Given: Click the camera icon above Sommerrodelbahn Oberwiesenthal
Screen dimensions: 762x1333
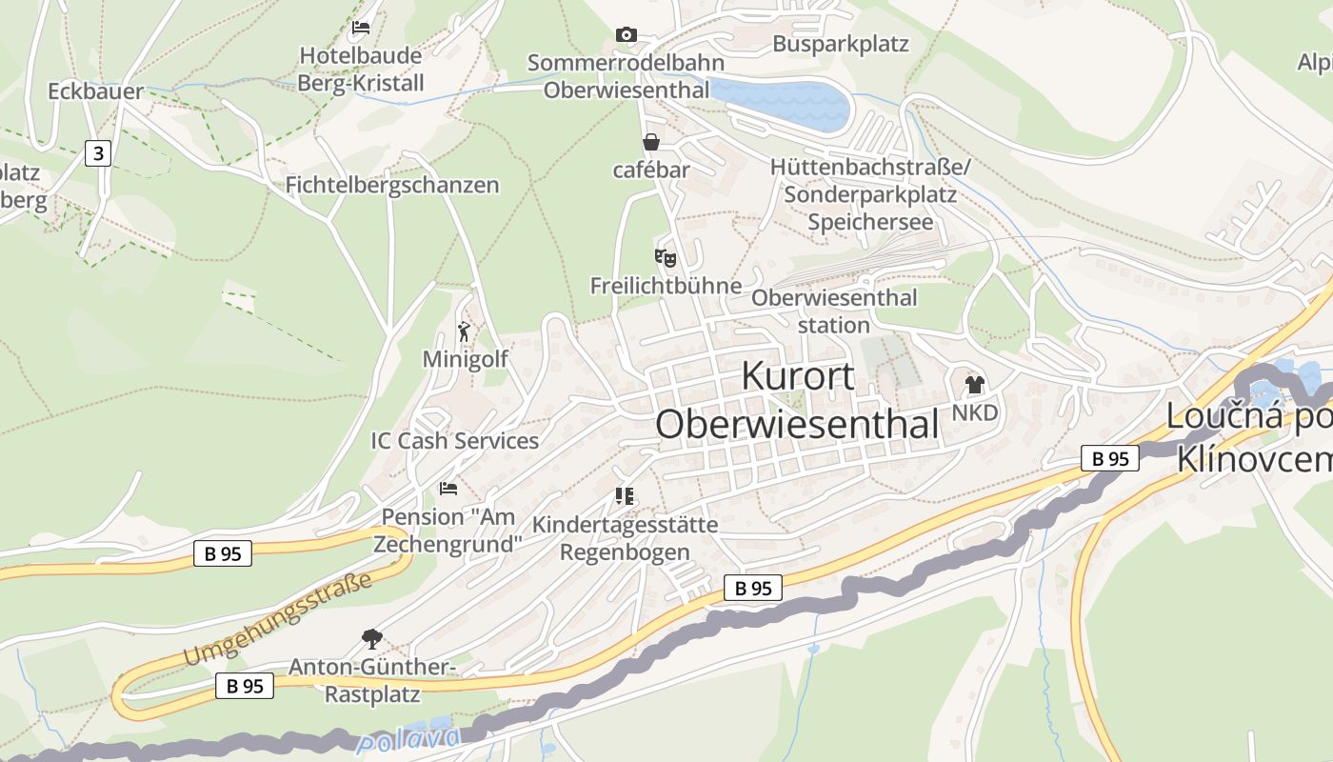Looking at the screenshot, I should [626, 35].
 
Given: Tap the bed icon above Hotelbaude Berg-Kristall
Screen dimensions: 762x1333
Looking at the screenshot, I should [361, 27].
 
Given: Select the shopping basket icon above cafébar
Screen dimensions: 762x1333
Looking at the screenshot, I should [651, 142].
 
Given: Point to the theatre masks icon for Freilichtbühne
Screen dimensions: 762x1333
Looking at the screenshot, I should [666, 257].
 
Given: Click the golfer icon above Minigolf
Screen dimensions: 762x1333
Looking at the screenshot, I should [465, 331].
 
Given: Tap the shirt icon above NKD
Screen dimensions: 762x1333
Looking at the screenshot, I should [974, 385].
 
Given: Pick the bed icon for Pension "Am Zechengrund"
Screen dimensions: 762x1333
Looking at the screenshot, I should [448, 489].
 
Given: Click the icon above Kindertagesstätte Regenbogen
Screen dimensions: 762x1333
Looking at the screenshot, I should [625, 496].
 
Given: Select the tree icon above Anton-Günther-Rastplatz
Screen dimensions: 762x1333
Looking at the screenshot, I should [372, 639].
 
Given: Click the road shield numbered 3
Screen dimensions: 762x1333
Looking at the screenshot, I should [98, 152].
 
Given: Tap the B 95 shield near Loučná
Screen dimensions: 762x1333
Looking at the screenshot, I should [1110, 458].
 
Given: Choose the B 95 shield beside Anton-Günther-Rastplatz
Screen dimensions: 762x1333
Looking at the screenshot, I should [245, 685].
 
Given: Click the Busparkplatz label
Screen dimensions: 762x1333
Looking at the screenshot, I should [841, 44].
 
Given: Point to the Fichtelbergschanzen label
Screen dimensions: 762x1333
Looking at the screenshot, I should [392, 185].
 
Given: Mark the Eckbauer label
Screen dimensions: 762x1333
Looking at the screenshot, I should [96, 91].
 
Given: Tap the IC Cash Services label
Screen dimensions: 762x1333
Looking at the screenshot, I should [454, 441].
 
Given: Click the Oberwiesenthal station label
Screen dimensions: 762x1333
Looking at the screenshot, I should [834, 311].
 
